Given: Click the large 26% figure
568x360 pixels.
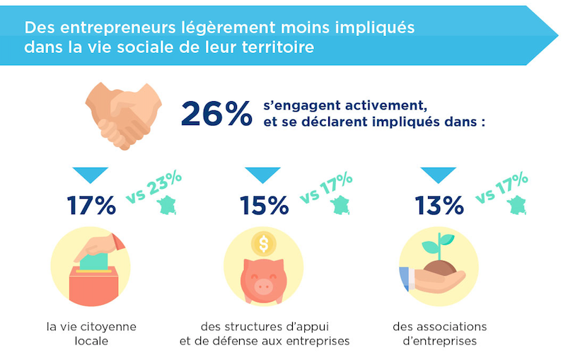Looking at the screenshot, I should coord(216,113).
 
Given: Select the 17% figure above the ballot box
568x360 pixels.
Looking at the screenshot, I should coord(91,206).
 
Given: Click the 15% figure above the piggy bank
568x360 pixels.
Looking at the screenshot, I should coord(264,206).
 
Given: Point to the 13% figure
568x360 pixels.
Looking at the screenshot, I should coord(439,206).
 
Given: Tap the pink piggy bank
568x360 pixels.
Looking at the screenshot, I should coord(263,279).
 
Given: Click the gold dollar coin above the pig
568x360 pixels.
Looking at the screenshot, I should coord(264,245).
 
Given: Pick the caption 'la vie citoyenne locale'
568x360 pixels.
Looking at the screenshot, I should coord(91,335).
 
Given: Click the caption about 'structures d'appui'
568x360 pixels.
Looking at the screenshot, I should coord(265,335).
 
